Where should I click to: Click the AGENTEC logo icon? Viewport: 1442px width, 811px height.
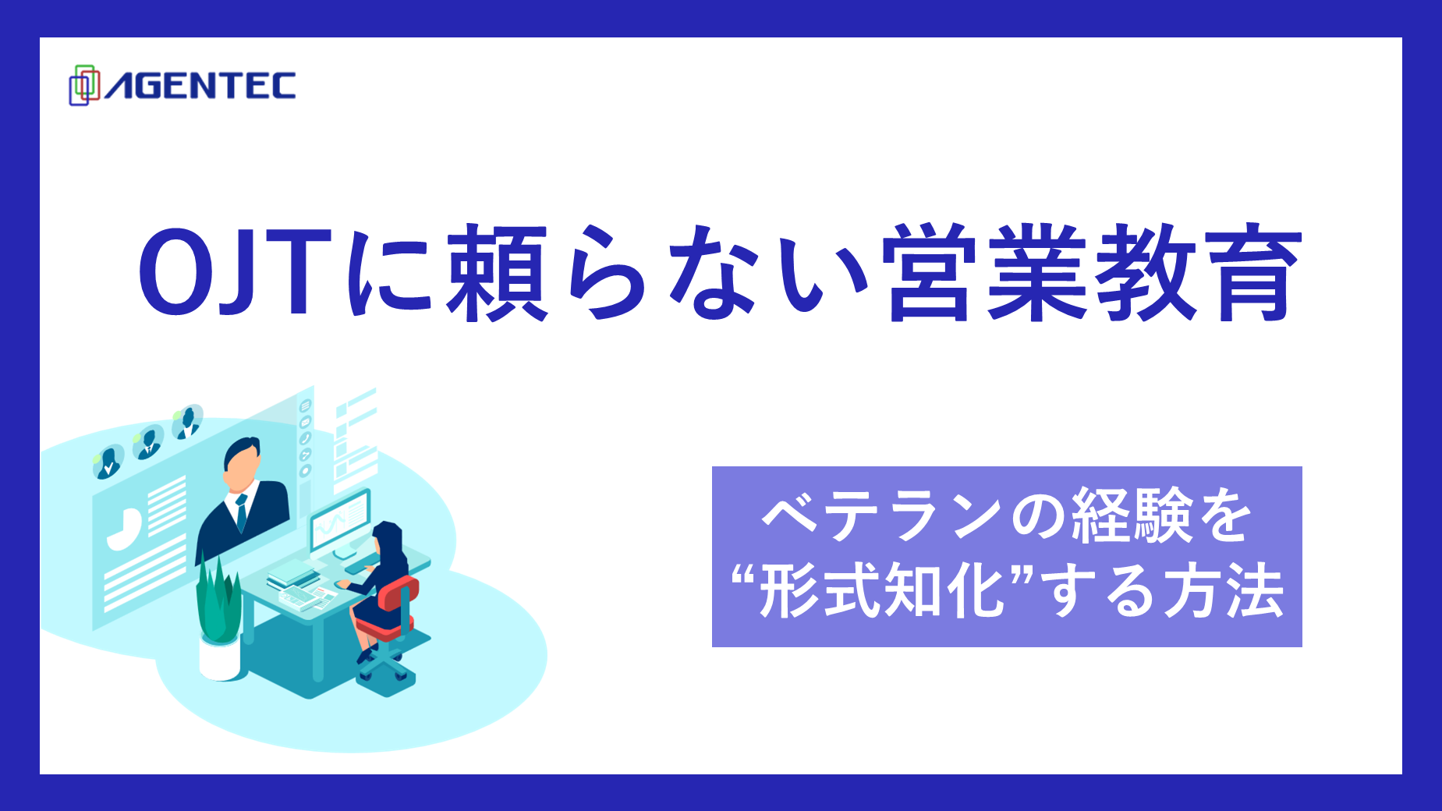pyautogui.click(x=84, y=85)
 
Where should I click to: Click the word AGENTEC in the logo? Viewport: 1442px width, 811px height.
pyautogui.click(x=200, y=86)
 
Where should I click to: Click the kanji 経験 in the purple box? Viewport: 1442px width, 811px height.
pyautogui.click(x=1132, y=516)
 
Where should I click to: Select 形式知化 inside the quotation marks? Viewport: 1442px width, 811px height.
pyautogui.click(x=882, y=591)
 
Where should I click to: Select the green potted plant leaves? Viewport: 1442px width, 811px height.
pyautogui.click(x=218, y=600)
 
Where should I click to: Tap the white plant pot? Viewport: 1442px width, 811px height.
pyautogui.click(x=219, y=659)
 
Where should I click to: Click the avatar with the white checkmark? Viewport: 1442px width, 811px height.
pyautogui.click(x=108, y=463)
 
